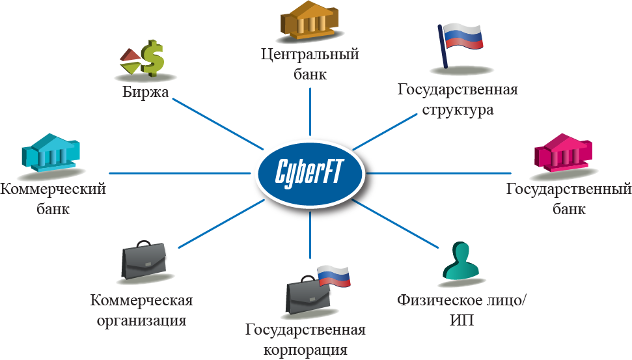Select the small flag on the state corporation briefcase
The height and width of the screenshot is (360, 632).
tap(334, 277)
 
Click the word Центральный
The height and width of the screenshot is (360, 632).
tap(309, 55)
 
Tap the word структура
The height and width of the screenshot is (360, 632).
tap(457, 109)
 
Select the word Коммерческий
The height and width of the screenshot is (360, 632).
tap(53, 190)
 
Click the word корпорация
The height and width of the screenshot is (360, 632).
tap(305, 350)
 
